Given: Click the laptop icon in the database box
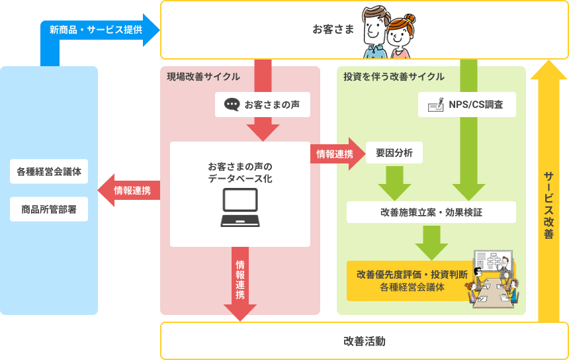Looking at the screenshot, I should coord(240,208).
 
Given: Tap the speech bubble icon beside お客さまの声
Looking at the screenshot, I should coord(232,105).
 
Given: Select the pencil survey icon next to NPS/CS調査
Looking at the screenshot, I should coord(435,105).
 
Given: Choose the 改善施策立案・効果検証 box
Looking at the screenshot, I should coord(431,212).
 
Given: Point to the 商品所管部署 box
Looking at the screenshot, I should coord(49,209).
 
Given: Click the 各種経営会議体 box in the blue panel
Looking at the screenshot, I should coord(49,171).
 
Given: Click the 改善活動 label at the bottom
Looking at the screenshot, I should coord(364,341).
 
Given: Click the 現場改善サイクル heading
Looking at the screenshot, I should coord(203,77).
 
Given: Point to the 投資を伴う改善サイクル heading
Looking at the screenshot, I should coord(394,77).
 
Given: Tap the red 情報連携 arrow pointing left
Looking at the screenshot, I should coord(129,191).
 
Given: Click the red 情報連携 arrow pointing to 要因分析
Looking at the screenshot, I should coord(336,154).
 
